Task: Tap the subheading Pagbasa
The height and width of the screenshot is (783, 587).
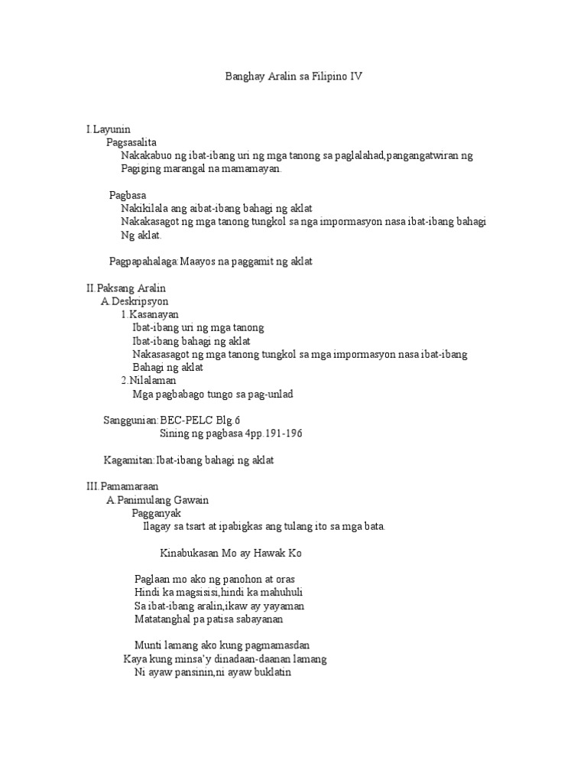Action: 128,195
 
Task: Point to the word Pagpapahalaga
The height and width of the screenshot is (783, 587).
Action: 144,262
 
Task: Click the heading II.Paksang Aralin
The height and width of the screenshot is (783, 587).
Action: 126,288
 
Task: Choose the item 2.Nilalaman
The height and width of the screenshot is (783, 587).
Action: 148,380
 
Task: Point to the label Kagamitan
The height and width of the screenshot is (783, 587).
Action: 129,460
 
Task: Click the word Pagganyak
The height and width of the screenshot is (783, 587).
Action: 156,513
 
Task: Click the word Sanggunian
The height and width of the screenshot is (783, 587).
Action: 130,421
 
